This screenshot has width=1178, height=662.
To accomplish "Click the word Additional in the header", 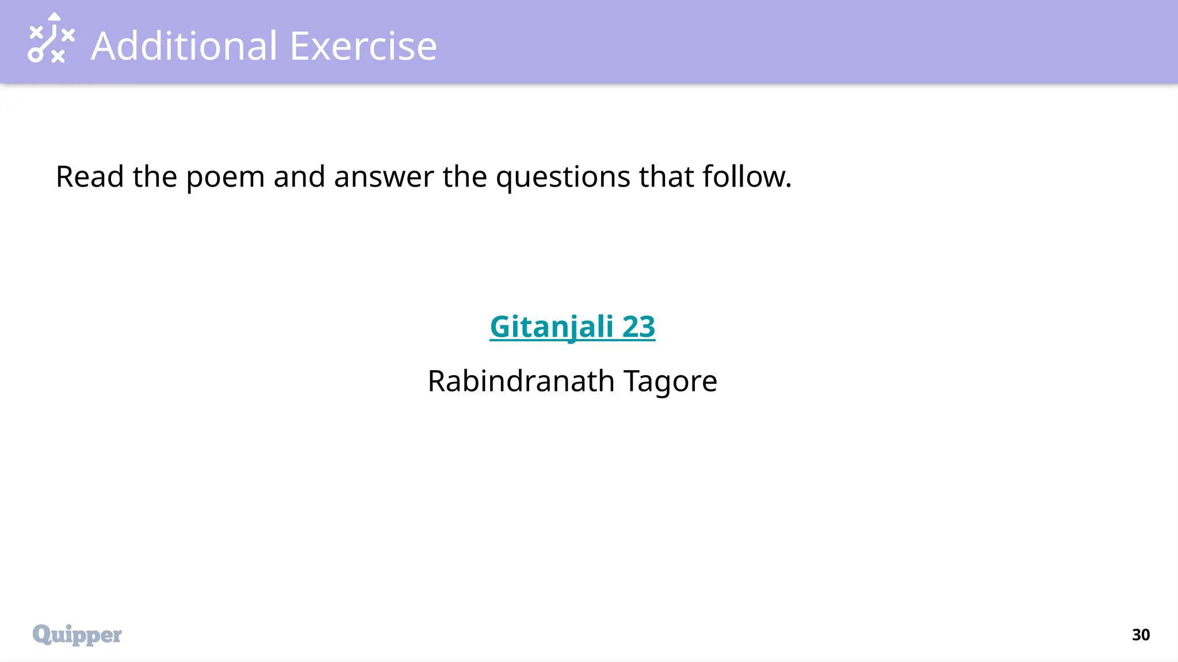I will (x=184, y=46).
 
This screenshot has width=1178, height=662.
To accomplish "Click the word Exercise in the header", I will (x=363, y=46).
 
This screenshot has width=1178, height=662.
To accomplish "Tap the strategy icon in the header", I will (x=51, y=38).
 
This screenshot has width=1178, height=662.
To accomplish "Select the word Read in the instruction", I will (x=89, y=176).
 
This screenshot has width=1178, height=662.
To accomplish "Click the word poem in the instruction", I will (x=225, y=178).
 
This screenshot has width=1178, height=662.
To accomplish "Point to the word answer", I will (x=384, y=176).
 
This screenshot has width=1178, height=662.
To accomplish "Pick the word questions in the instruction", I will (x=563, y=178).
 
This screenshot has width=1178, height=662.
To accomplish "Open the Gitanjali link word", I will (x=551, y=327).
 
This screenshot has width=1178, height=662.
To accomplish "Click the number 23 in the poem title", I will (x=638, y=326).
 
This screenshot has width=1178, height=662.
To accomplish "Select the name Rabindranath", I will (x=521, y=381).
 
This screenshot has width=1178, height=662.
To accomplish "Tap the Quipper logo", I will (x=77, y=634).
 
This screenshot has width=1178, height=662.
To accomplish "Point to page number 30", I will (x=1141, y=634).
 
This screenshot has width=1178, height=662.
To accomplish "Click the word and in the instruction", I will (x=299, y=176).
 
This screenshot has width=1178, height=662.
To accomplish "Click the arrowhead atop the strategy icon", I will (x=54, y=16).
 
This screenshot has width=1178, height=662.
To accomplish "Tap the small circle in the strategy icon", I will (x=36, y=55).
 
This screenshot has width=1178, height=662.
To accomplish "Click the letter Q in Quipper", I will (x=42, y=634).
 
